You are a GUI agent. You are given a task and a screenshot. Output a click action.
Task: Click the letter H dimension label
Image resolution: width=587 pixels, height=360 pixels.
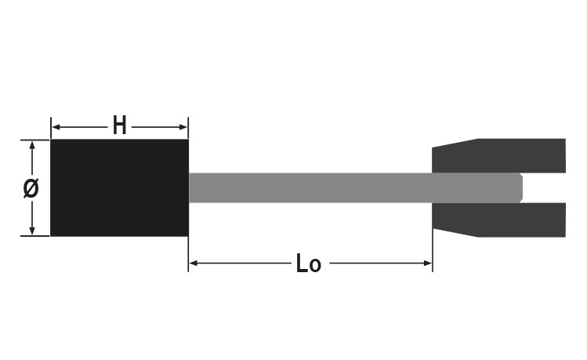(x=119, y=125)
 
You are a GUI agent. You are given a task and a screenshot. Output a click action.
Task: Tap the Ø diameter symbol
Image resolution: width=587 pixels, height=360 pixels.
(x=31, y=188)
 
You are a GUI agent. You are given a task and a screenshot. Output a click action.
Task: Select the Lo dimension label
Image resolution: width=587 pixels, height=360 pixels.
(x=308, y=264)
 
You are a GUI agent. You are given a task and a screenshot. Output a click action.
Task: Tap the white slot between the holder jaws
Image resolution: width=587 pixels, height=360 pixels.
(x=545, y=188)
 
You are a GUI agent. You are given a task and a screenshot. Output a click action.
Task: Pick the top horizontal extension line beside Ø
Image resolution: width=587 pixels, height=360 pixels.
(x=34, y=140)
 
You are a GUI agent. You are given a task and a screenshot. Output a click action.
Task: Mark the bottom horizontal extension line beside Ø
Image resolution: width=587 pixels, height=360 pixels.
(x=34, y=236)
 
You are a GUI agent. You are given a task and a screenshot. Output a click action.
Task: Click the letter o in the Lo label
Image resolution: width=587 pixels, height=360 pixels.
(x=315, y=266)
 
